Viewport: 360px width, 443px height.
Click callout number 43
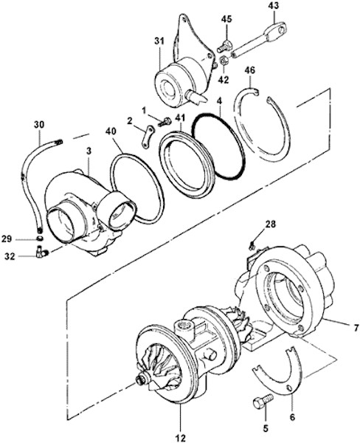coord(274,5)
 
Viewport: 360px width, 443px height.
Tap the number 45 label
coord(226,19)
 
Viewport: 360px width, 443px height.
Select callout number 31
coord(159,41)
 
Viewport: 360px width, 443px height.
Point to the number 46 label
coord(249,70)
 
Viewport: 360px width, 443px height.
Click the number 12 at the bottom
coord(180,438)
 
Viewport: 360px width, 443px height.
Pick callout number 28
coord(270,224)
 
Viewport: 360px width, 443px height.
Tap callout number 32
coord(10,257)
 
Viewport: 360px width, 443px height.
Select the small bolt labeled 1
coord(165,123)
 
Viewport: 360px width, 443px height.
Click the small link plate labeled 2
coord(148,137)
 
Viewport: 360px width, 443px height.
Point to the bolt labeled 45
coord(224,47)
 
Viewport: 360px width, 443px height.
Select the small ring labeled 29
coord(40,238)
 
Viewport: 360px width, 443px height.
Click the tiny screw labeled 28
coord(252,246)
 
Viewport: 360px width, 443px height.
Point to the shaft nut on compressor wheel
coord(140,380)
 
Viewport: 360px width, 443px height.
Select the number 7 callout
coord(356,328)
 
